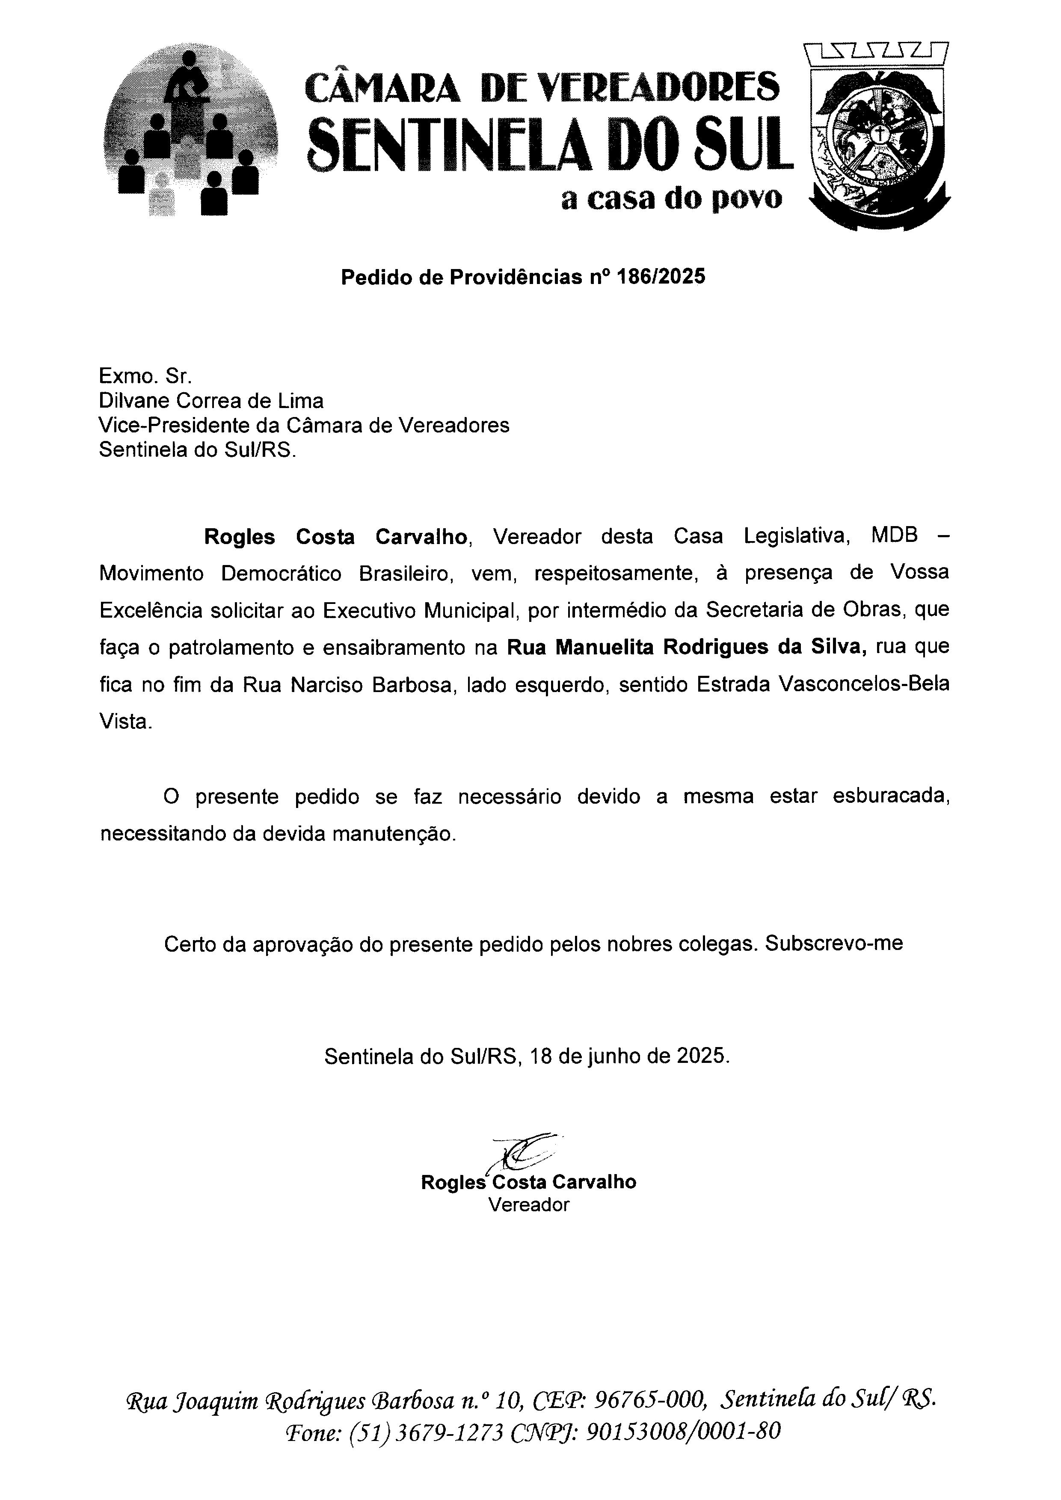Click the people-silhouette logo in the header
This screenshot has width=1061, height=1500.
(190, 130)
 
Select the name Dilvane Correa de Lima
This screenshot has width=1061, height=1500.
(211, 400)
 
